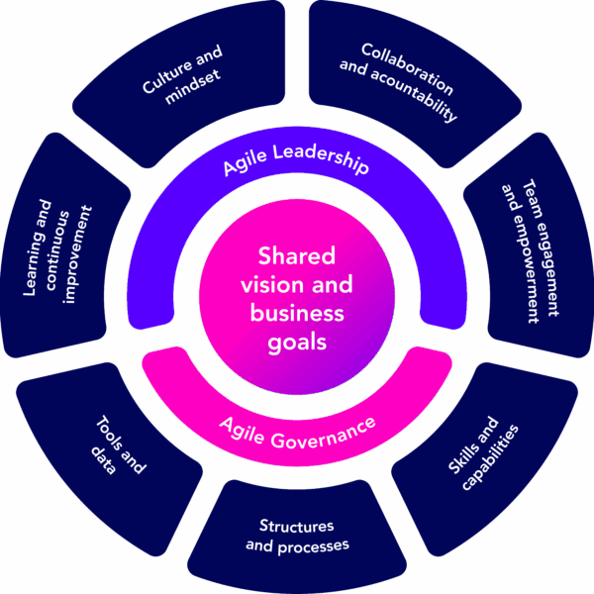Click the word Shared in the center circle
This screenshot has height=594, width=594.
click(297, 255)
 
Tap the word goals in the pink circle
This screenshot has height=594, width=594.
click(297, 343)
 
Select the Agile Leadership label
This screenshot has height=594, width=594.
click(295, 161)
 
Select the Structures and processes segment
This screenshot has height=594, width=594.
click(297, 536)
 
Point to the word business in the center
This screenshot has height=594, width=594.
click(297, 314)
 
